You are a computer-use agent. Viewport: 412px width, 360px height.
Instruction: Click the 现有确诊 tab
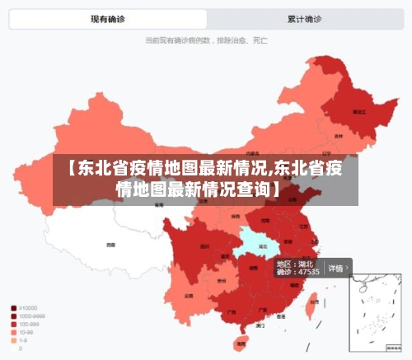tap(107, 19)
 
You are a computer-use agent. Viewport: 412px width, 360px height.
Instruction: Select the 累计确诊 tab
tap(304, 19)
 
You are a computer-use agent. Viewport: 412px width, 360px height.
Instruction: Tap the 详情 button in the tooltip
tap(337, 268)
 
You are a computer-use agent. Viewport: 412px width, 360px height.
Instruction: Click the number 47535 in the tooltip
tap(307, 272)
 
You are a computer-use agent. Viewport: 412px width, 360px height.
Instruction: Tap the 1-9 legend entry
tap(23, 340)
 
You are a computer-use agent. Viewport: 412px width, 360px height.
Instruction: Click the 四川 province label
tap(205, 246)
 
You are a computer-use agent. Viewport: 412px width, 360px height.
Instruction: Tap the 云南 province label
tap(189, 295)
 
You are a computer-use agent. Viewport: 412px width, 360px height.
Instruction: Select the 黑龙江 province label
tap(358, 110)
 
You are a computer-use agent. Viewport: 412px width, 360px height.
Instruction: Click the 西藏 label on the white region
tap(110, 244)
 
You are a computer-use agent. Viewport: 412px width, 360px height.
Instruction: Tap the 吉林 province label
tap(339, 136)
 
